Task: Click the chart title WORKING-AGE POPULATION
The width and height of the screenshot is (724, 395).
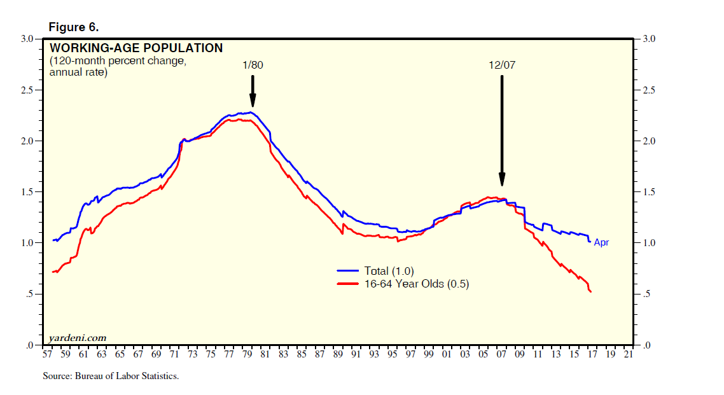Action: pos(136,48)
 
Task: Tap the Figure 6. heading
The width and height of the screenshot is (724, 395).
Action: pos(74,27)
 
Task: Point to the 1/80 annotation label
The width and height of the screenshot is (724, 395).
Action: pos(252,65)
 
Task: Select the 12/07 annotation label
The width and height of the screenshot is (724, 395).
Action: pos(501,65)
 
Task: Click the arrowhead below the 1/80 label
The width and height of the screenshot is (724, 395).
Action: pos(253,101)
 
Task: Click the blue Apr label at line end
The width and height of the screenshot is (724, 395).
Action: pos(601,242)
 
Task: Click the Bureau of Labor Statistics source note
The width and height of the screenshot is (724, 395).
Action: pos(111,376)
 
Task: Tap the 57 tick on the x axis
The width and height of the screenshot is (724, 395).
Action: pos(46,355)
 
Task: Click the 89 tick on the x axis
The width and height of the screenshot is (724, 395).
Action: pos(338,355)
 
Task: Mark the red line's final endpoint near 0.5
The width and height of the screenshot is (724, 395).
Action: pos(592,292)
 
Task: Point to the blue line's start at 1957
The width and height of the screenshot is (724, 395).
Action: pos(53,240)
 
